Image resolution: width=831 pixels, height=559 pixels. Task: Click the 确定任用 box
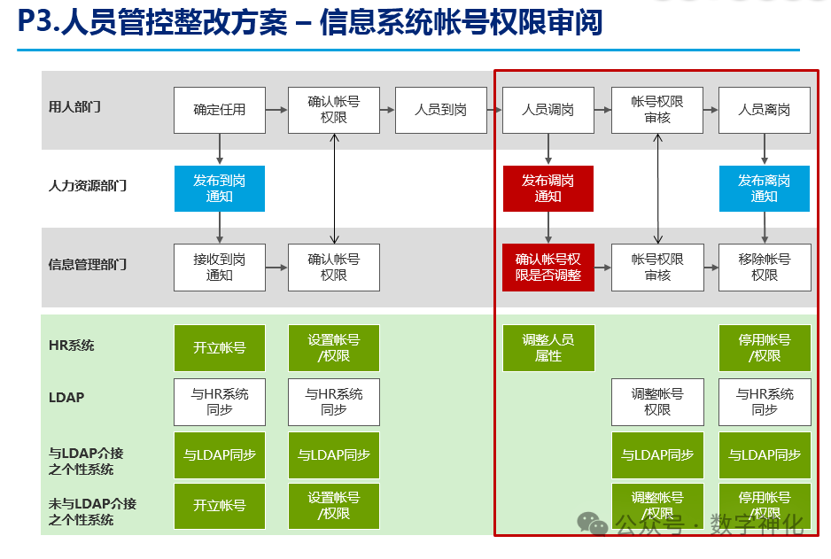pos(219,110)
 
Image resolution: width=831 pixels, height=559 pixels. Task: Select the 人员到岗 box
pos(440,110)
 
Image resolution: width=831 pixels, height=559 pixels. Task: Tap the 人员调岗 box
pos(548,110)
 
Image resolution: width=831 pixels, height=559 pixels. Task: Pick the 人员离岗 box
pos(764,110)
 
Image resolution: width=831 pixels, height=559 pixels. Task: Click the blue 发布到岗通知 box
pos(219,188)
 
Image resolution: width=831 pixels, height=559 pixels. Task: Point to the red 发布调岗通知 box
pos(548,188)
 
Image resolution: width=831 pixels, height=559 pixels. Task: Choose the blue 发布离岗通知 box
pos(764,188)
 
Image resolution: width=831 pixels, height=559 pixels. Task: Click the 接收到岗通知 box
pos(219,267)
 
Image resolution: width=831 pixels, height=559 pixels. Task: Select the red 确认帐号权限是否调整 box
pos(548,267)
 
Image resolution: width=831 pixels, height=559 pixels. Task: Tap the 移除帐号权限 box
pos(764,267)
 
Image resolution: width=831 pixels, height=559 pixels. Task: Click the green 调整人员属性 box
pos(548,347)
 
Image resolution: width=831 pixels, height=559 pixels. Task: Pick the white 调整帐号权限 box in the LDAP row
pos(656,401)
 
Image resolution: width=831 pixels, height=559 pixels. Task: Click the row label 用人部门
pos(74,107)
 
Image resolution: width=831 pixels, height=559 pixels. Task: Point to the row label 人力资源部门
pos(87,186)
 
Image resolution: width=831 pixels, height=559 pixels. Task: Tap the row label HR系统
pos(71,345)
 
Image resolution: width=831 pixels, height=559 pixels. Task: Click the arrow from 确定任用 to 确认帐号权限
pos(276,110)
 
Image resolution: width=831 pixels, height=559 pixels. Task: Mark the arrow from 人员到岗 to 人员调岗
pos(495,110)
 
